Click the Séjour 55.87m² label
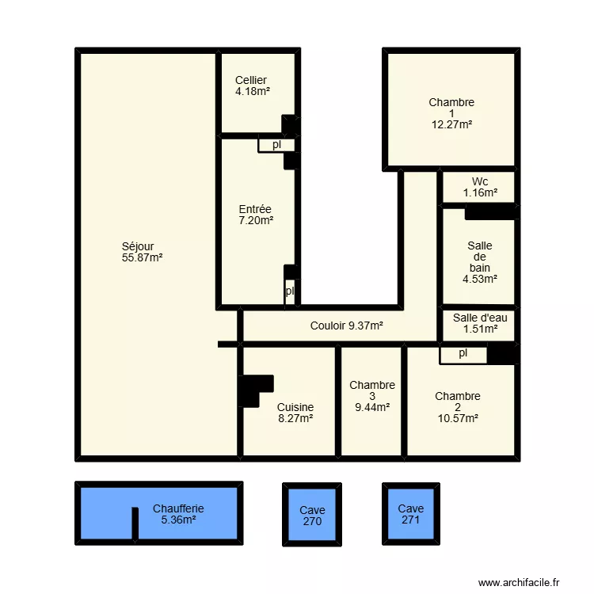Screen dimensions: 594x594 tap(142, 252)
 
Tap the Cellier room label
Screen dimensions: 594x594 tap(253, 86)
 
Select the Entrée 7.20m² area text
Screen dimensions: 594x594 tap(256, 215)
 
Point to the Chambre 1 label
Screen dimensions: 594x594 tap(451, 113)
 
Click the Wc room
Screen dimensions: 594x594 tap(479, 187)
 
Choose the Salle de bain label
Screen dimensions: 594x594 tap(480, 262)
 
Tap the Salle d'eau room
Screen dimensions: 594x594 tap(479, 325)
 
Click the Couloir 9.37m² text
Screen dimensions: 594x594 tap(346, 326)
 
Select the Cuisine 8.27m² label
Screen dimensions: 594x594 tap(295, 413)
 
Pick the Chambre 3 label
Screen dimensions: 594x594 tap(372, 396)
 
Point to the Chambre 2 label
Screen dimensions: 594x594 tap(458, 407)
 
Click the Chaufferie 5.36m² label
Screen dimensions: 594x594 tap(178, 514)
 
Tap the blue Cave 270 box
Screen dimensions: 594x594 tap(312, 515)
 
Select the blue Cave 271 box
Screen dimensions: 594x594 tap(411, 514)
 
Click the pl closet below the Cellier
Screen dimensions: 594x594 tap(276, 145)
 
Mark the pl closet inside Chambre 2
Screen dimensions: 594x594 tap(463, 356)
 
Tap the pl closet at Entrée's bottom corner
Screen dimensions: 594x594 tap(289, 291)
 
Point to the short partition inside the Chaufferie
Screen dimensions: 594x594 tap(135, 524)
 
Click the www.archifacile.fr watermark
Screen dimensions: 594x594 tap(519, 582)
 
